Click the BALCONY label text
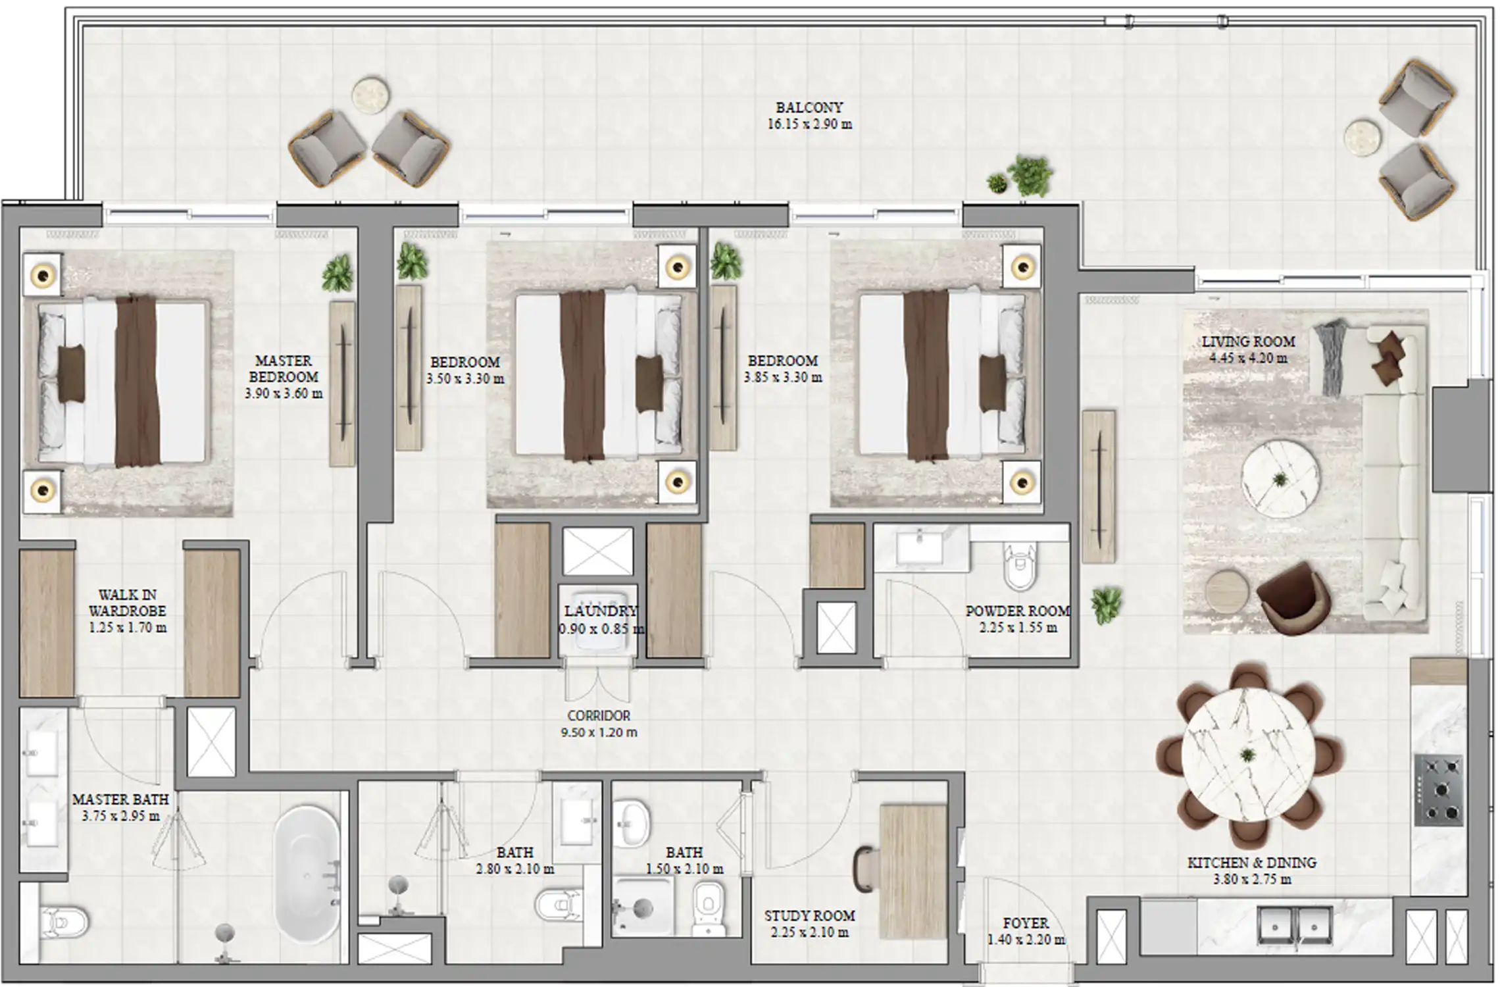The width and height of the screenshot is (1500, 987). pyautogui.click(x=809, y=107)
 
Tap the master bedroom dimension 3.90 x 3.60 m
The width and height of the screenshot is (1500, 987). pyautogui.click(x=284, y=393)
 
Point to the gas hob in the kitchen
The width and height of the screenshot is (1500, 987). pyautogui.click(x=1439, y=790)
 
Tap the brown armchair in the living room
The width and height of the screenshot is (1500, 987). pyautogui.click(x=1292, y=597)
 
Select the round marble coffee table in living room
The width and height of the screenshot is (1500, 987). pyautogui.click(x=1280, y=479)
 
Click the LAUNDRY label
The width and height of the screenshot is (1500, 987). pyautogui.click(x=600, y=611)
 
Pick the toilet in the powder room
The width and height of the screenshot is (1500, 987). pyautogui.click(x=1020, y=567)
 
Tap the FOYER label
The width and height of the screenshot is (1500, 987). pyautogui.click(x=1026, y=923)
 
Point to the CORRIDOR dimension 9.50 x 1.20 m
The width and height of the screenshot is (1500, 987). pyautogui.click(x=599, y=732)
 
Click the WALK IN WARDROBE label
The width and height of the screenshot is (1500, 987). pyautogui.click(x=127, y=603)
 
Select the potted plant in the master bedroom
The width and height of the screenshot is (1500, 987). pyautogui.click(x=337, y=273)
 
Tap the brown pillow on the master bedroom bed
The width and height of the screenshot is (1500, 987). pyautogui.click(x=71, y=374)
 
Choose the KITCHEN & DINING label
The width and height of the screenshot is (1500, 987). pyautogui.click(x=1251, y=863)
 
